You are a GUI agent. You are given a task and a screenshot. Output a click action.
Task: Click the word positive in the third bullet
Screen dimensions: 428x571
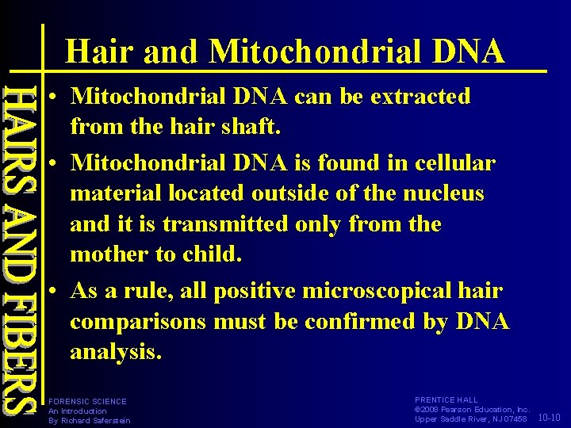click(x=247, y=291)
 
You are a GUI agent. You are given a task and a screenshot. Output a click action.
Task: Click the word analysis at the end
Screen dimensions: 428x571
click(x=115, y=352)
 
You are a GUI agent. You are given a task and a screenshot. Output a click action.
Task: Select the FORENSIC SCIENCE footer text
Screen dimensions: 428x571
click(x=87, y=402)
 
